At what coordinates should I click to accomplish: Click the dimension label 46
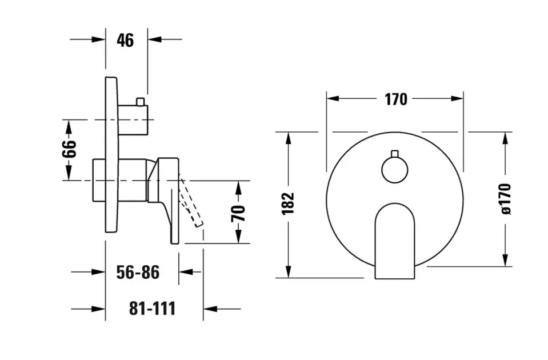[125, 40]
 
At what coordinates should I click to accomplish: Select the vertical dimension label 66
[69, 149]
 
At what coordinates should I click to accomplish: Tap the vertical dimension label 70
[239, 213]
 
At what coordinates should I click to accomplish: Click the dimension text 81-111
[152, 309]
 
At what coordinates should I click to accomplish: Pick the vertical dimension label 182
[288, 203]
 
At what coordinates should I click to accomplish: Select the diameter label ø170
[506, 198]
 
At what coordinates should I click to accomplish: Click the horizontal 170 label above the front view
[395, 99]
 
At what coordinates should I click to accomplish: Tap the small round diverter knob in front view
[394, 170]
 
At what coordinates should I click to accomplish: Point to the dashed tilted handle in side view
[191, 203]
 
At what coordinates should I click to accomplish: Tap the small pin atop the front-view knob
[394, 153]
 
